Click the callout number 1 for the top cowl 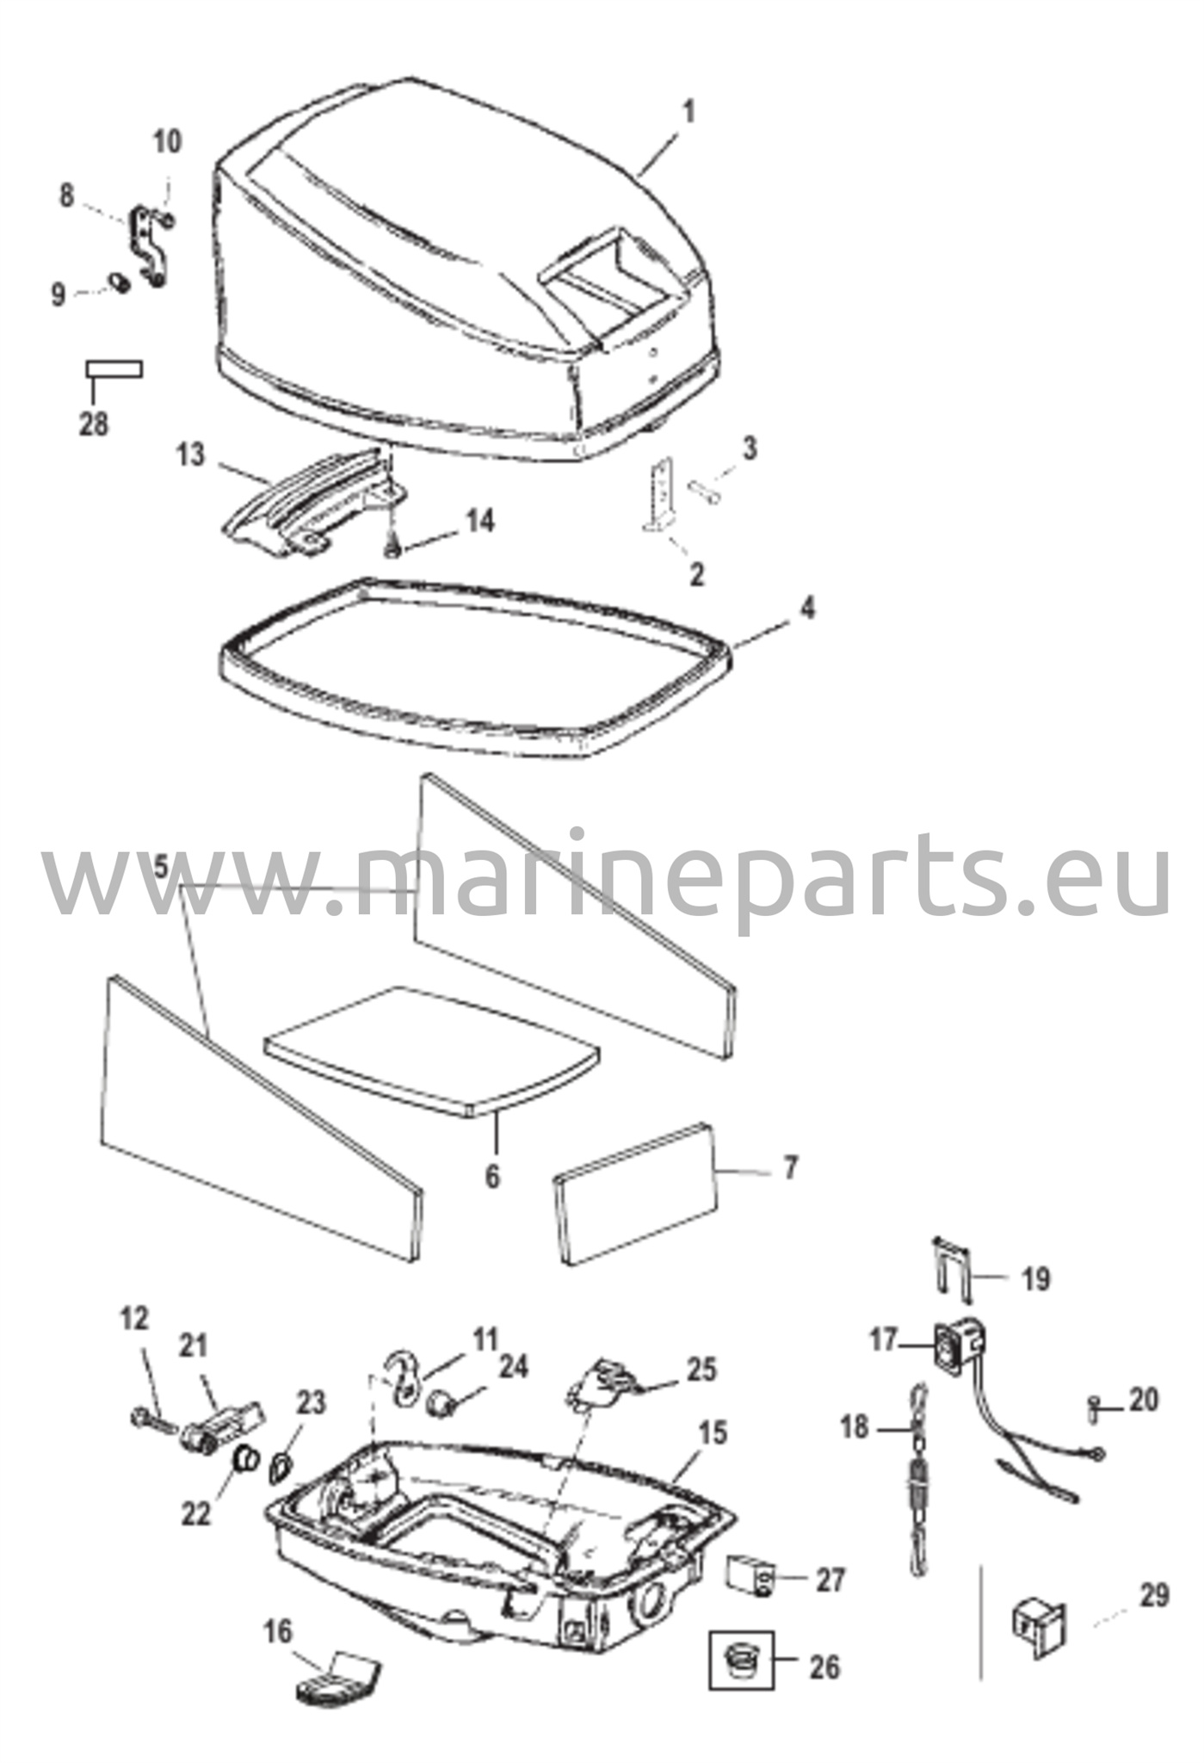(688, 112)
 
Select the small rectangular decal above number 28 (114, 369)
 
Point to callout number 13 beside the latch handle (192, 455)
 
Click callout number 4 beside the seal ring (806, 608)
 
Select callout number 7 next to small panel (790, 1168)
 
